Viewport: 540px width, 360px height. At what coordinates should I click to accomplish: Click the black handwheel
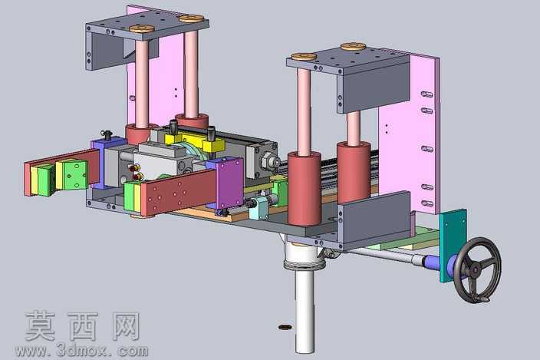tap(477, 269)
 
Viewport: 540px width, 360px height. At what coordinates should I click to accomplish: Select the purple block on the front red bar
tap(231, 184)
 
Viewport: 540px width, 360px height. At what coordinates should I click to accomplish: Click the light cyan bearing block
tap(259, 208)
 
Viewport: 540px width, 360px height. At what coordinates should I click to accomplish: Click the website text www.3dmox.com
tap(81, 351)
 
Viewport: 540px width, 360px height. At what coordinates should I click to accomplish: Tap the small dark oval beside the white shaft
tap(285, 327)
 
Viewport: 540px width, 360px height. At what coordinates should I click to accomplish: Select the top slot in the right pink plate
tap(426, 94)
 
